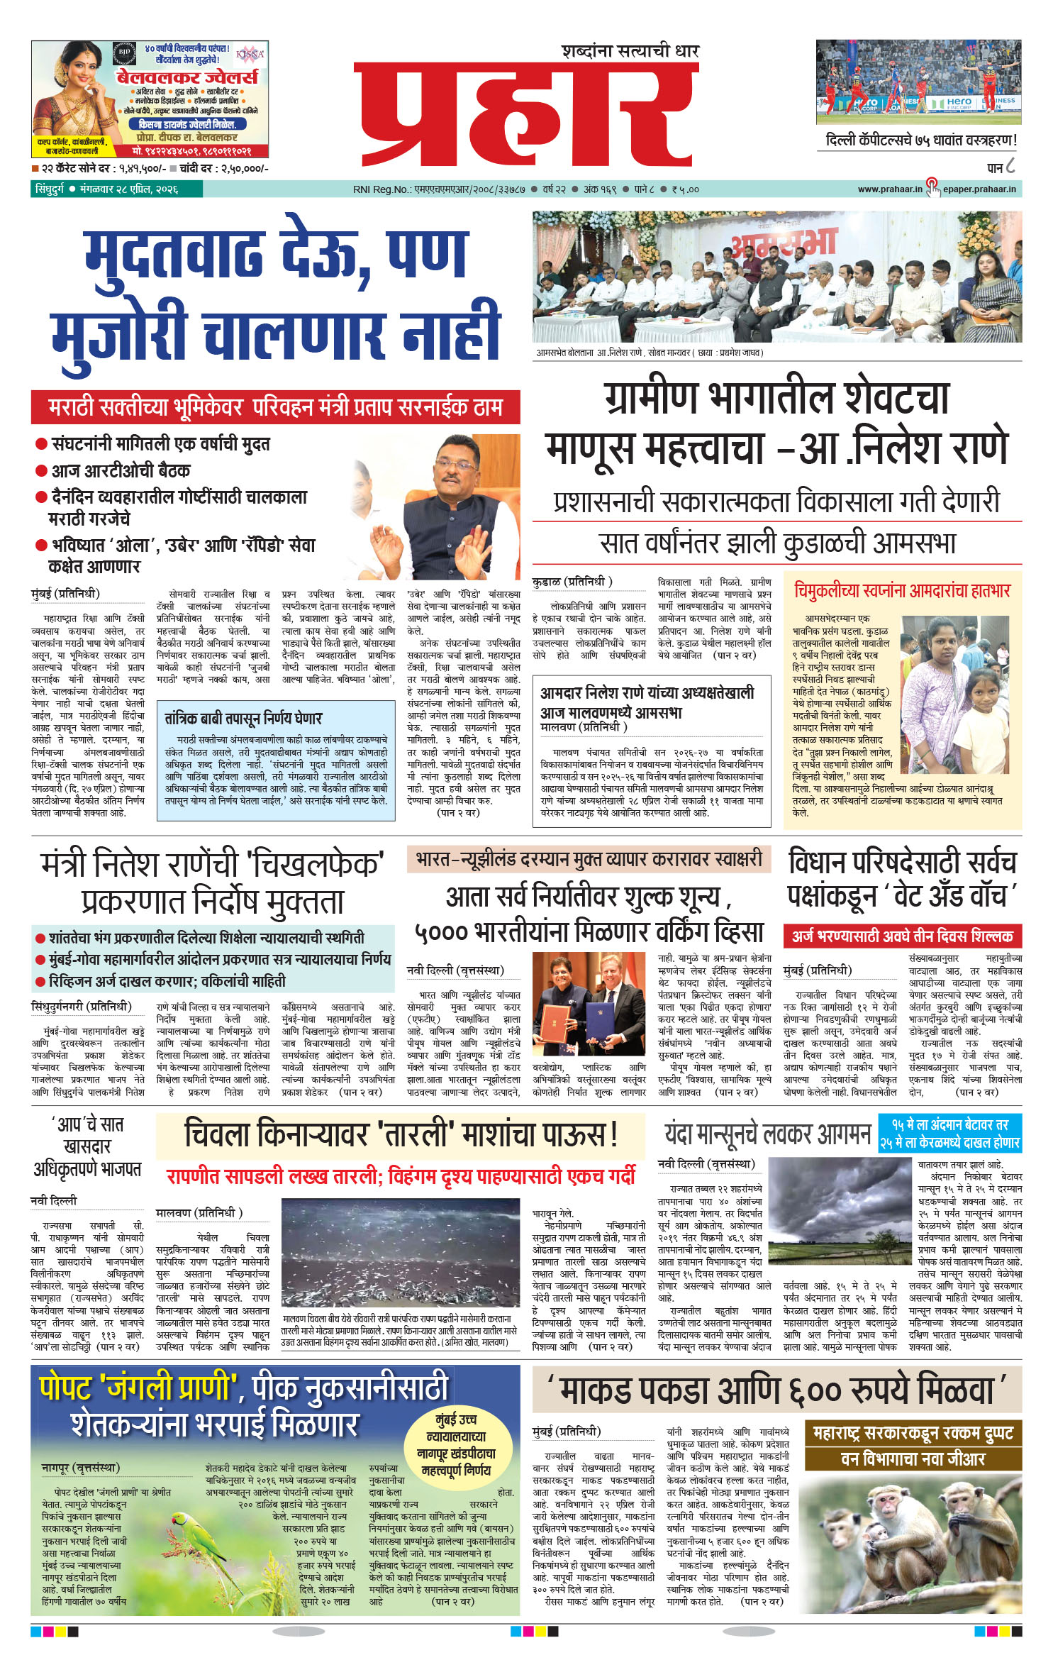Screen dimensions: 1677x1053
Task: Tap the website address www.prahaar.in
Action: click(x=889, y=189)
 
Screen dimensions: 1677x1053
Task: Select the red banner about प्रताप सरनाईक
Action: click(x=275, y=407)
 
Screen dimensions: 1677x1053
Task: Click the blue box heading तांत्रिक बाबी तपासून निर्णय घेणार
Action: click(x=243, y=718)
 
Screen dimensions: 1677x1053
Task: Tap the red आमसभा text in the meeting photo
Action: click(x=784, y=242)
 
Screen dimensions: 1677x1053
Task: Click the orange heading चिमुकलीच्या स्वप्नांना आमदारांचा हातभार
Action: click(x=902, y=591)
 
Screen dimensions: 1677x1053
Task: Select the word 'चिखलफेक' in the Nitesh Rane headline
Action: click(x=318, y=865)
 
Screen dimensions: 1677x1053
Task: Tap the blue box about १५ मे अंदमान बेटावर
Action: click(x=949, y=1133)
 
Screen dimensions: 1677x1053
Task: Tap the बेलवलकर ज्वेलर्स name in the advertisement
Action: click(x=187, y=77)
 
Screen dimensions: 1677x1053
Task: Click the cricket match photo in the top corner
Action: click(x=918, y=78)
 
